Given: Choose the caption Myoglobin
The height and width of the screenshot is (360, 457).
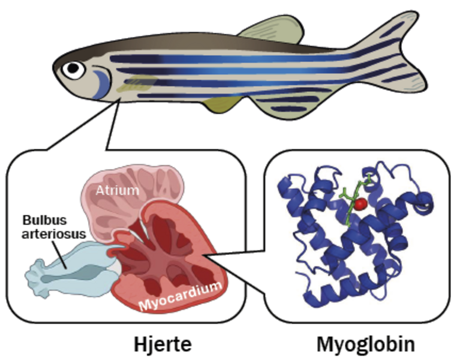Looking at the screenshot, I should [x=358, y=343].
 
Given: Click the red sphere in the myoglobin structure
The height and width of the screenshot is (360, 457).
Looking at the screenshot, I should [x=360, y=205].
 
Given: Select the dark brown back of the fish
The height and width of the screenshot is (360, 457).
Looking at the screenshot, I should [x=180, y=45].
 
